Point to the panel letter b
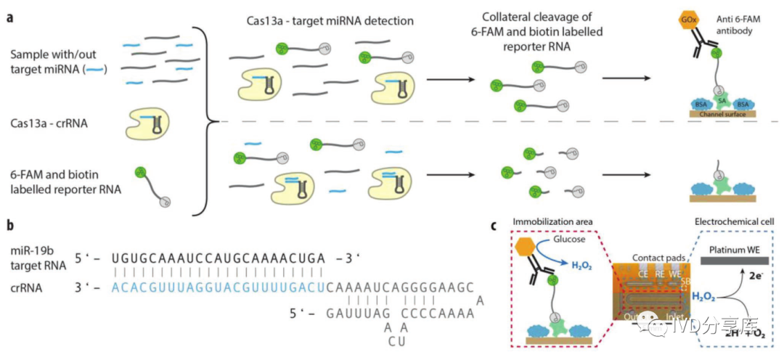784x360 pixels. point(10,225)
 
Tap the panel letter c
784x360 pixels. point(494,225)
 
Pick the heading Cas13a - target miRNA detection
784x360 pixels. point(330,21)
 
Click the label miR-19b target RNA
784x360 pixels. point(37,258)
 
